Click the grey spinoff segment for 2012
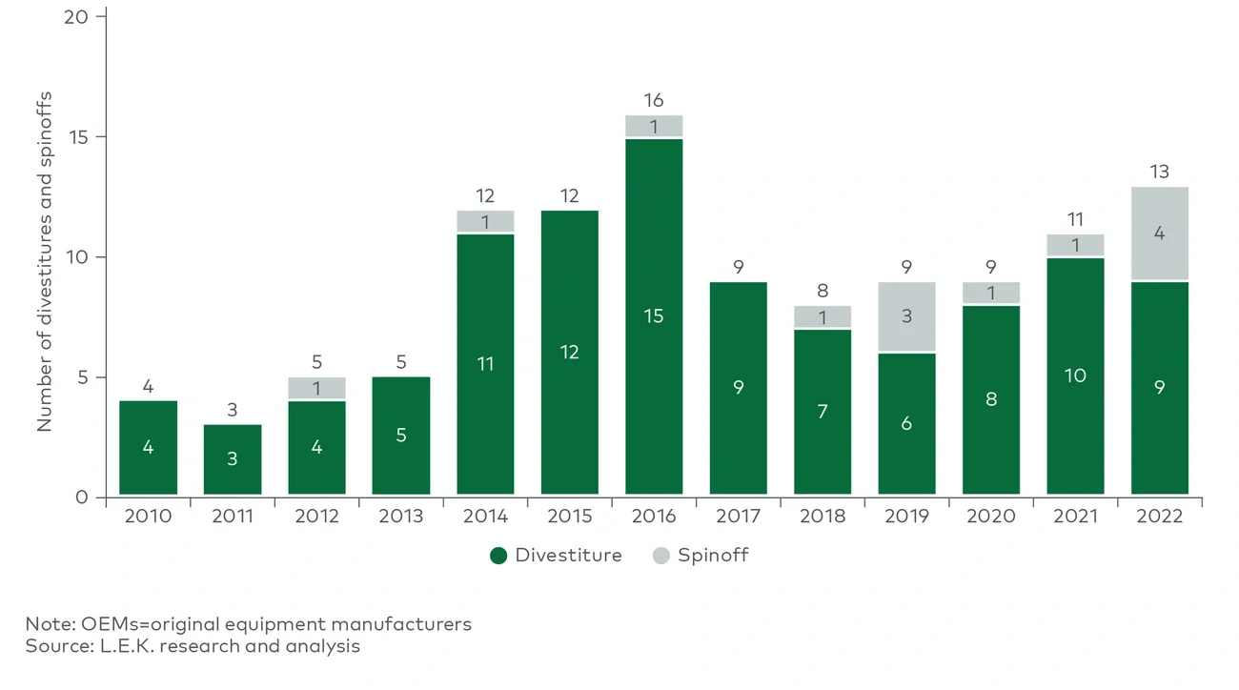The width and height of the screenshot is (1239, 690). tap(316, 388)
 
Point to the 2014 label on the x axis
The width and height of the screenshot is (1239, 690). tap(485, 517)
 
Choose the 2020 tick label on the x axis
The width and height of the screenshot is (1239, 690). tap(991, 517)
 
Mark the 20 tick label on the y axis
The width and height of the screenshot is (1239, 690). tap(78, 17)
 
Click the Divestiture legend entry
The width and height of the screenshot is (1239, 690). tap(557, 556)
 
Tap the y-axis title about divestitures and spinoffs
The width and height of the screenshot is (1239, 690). tap(45, 261)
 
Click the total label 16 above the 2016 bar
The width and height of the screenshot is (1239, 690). tap(654, 100)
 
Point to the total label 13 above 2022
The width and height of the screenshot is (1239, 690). tap(1160, 172)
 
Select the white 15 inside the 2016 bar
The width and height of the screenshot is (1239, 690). tap(654, 316)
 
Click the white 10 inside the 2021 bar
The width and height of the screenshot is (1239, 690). tap(1075, 375)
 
